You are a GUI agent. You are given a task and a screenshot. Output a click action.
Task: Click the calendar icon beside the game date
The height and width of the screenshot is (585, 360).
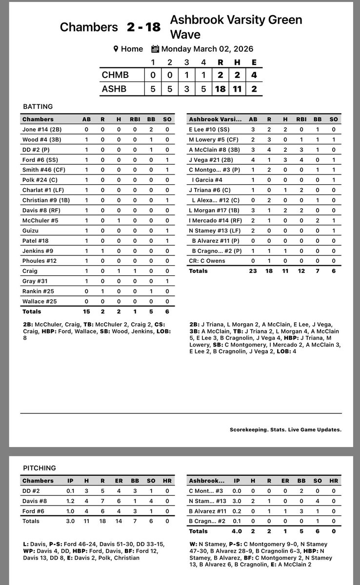click(x=155, y=49)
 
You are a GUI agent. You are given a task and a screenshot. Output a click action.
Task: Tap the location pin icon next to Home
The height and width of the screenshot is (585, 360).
click(x=116, y=49)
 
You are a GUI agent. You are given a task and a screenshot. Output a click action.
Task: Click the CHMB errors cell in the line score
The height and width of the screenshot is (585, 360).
click(x=254, y=75)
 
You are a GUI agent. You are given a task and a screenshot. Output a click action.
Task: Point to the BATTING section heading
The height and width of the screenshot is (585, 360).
click(x=38, y=106)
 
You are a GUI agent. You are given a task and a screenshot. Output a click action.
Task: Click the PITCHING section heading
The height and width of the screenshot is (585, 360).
click(x=39, y=468)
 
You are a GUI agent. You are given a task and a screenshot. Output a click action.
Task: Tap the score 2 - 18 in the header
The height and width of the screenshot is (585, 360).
click(x=143, y=27)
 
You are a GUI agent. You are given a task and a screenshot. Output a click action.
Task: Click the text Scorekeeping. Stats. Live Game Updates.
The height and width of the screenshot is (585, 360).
click(x=285, y=429)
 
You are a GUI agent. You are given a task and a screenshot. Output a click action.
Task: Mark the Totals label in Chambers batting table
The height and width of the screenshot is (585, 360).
click(x=32, y=311)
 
